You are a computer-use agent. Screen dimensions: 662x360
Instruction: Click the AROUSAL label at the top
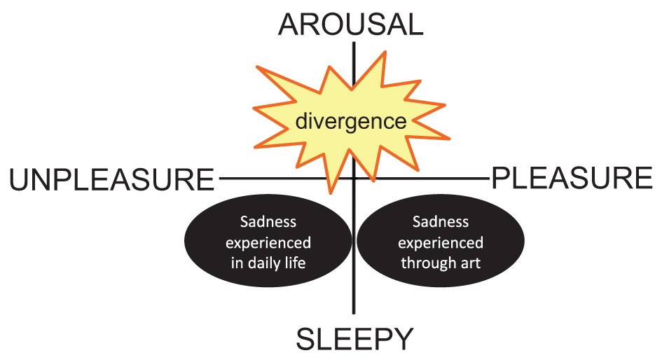(351, 25)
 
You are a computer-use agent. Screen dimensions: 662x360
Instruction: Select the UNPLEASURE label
(111, 180)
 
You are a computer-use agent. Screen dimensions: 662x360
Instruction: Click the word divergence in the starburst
(350, 121)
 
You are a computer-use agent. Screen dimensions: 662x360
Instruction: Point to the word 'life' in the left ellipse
(298, 263)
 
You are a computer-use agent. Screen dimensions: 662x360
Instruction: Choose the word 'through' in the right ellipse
(427, 265)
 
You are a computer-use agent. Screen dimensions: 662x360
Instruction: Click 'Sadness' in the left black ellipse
(268, 222)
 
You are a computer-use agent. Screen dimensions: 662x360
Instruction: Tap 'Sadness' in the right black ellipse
(440, 222)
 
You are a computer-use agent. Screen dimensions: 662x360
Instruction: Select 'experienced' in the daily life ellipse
(268, 243)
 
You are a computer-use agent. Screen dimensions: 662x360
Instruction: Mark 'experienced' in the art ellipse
(440, 243)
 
